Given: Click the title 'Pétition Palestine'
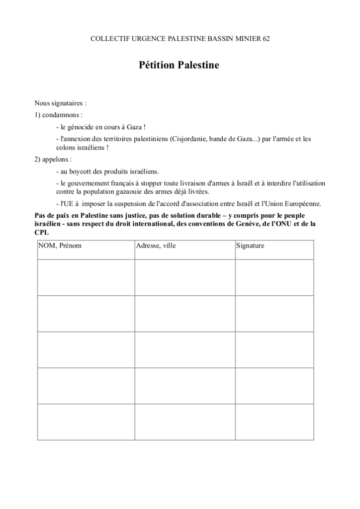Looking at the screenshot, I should pos(179,65).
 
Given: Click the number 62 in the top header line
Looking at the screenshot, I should pos(266,39).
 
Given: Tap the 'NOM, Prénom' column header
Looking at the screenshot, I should pos(60,246).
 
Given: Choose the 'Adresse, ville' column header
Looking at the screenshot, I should pos(156,246).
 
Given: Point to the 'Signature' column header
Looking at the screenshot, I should pos(251,246).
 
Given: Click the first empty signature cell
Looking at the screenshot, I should pos(274,277).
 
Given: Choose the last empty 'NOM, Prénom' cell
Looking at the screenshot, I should pos(86,422).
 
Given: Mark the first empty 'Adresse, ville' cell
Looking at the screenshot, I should pos(184,277).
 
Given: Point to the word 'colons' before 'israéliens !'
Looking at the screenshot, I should pos(66,148).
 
